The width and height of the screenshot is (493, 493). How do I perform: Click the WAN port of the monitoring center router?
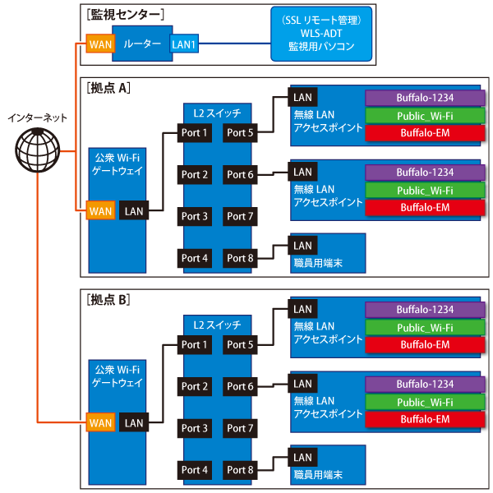(100, 43)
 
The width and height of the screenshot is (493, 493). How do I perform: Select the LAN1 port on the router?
(182, 43)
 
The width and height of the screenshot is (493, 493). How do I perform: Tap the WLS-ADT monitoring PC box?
(321, 35)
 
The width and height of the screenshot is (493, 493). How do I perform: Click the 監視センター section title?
(124, 14)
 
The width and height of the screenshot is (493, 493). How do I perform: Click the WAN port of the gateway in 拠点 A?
(100, 211)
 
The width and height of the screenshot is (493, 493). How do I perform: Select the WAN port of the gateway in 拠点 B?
(100, 423)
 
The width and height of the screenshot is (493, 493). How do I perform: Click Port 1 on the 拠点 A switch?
(195, 132)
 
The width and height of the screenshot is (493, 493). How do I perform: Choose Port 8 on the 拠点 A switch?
(241, 258)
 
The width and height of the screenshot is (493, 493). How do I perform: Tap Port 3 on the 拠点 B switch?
(195, 428)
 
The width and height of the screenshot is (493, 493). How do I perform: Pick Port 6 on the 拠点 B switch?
(241, 386)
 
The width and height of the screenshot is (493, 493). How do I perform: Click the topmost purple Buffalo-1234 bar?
(424, 97)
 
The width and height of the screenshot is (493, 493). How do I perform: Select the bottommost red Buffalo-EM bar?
(424, 419)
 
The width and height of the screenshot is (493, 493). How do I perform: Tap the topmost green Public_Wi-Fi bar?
(424, 115)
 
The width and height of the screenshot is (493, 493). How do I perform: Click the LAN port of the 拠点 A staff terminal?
(302, 245)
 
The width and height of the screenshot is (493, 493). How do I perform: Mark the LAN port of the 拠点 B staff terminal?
(302, 458)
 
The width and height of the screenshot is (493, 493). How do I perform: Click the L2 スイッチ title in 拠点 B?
(218, 324)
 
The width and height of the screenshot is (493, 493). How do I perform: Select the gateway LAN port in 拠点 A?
(134, 211)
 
